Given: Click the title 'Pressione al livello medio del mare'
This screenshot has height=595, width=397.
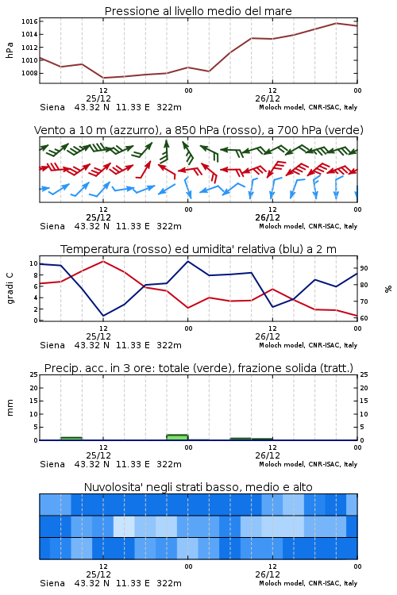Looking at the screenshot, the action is pyautogui.click(x=198, y=11).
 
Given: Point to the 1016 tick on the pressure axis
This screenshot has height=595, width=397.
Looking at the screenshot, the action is pyautogui.click(x=29, y=21).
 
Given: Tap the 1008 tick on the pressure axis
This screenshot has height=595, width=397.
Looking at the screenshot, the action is pyautogui.click(x=29, y=73).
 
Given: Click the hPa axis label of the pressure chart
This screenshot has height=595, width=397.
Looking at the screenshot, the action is pyautogui.click(x=10, y=50).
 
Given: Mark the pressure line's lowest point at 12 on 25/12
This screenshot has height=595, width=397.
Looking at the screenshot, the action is pyautogui.click(x=103, y=78).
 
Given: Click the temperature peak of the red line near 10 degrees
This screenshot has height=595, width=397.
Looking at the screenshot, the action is pyautogui.click(x=103, y=261).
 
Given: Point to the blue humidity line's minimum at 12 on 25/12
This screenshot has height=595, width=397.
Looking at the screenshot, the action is pyautogui.click(x=103, y=316).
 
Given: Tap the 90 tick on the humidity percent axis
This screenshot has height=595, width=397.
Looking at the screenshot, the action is pyautogui.click(x=364, y=268).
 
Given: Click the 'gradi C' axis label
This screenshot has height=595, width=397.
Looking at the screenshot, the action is pyautogui.click(x=10, y=289).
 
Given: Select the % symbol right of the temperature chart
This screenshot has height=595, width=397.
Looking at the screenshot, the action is pyautogui.click(x=388, y=289).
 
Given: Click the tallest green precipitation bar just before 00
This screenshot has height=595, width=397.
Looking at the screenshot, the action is pyautogui.click(x=177, y=437).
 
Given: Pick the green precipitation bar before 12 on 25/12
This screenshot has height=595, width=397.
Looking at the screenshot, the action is pyautogui.click(x=71, y=439).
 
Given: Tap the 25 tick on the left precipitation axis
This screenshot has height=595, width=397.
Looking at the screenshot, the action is pyautogui.click(x=34, y=375).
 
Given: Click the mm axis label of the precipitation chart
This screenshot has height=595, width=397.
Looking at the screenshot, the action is pyautogui.click(x=10, y=408).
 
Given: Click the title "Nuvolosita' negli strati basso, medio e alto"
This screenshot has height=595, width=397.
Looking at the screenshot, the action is pyautogui.click(x=198, y=487).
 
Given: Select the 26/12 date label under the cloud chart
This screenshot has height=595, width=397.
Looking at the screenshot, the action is pyautogui.click(x=268, y=574).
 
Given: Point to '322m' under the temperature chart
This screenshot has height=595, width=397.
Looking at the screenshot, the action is pyautogui.click(x=169, y=345).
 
